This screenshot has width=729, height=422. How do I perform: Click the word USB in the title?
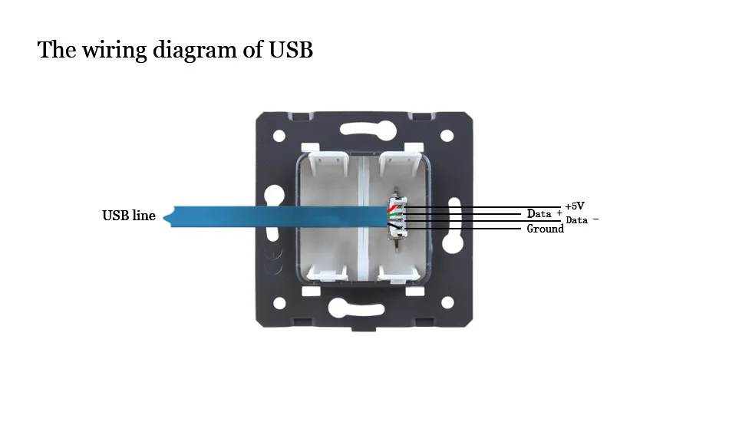point(291,50)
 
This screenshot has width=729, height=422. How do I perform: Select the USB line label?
point(129,216)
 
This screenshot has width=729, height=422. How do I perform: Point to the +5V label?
point(575,206)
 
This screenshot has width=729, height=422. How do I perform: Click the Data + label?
point(544,214)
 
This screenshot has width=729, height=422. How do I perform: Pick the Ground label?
point(546,229)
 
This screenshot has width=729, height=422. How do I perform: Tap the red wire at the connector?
point(392,208)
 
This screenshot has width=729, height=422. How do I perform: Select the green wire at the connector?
point(394,216)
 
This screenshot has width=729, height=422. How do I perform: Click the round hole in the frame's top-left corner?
point(279,136)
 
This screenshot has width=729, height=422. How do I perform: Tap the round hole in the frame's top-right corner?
point(447,136)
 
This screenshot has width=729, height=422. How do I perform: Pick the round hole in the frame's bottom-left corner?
point(279,303)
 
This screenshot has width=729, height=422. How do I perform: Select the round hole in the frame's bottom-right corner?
point(447,302)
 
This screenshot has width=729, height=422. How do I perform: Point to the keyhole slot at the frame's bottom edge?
point(356,308)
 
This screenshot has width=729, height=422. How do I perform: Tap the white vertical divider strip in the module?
point(363,219)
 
